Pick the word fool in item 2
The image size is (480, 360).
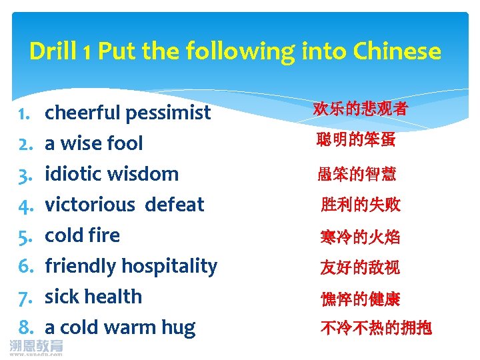[x=124, y=143]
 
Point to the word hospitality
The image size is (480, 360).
[x=171, y=267]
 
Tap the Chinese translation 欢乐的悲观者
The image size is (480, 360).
[x=360, y=109]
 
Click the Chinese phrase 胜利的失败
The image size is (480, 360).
[x=361, y=205]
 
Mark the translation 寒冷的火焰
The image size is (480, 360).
[x=360, y=237]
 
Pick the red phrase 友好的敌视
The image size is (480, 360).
[x=360, y=267]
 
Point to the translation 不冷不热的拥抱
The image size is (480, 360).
[x=376, y=327]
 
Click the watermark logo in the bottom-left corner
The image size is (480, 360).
[x=37, y=347]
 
